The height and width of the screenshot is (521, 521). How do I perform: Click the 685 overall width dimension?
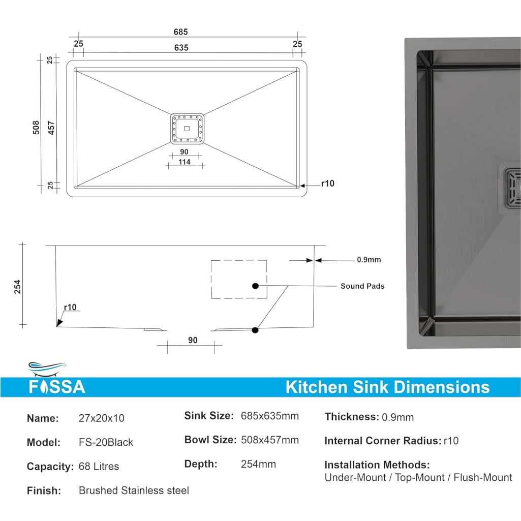click(x=180, y=32)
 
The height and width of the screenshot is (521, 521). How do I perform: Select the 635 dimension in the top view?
click(x=181, y=48)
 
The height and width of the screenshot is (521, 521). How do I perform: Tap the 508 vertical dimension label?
click(x=36, y=127)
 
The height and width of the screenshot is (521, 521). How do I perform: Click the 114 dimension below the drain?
click(x=185, y=162)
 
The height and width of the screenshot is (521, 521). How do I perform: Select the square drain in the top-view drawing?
click(x=187, y=129)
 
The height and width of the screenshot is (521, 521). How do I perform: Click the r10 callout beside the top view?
click(x=327, y=183)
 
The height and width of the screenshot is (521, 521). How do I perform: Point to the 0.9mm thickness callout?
click(x=369, y=260)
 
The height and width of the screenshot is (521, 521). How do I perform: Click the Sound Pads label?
click(x=362, y=286)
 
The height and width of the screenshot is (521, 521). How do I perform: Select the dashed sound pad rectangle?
click(x=239, y=279)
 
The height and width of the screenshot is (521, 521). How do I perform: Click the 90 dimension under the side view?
click(x=193, y=341)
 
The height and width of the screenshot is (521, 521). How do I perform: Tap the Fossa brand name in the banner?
click(x=56, y=388)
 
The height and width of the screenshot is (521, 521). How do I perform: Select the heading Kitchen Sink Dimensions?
click(x=387, y=387)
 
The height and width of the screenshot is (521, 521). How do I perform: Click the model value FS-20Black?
click(x=106, y=442)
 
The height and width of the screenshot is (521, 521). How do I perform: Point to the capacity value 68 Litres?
click(x=99, y=467)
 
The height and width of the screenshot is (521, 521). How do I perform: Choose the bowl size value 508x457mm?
click(x=269, y=440)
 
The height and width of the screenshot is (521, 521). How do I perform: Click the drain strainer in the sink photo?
click(x=512, y=191)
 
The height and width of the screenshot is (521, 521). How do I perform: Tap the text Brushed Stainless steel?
click(x=134, y=491)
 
